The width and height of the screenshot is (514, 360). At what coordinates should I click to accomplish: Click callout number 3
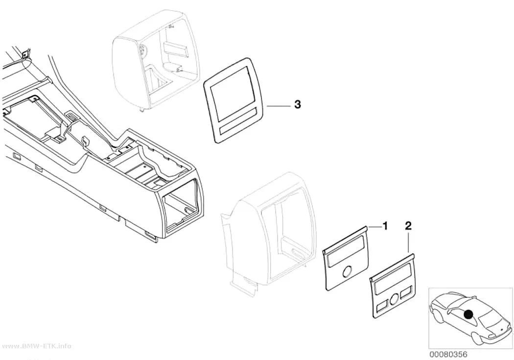point(297,105)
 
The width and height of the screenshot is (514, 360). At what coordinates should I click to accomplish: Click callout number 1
point(385,226)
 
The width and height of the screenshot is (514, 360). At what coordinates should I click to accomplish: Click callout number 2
point(408,226)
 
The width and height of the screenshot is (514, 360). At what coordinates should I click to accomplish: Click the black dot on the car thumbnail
point(468,314)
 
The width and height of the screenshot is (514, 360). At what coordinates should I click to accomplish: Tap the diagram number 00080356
point(448,355)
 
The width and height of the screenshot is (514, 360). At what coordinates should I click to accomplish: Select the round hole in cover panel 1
point(347,271)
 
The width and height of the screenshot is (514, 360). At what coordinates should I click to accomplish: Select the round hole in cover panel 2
point(395,298)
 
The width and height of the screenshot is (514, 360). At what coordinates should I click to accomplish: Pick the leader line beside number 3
point(279,106)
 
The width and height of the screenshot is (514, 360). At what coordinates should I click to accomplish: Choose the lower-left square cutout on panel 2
point(382,307)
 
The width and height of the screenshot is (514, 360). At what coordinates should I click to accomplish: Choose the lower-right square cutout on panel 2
point(406,291)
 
